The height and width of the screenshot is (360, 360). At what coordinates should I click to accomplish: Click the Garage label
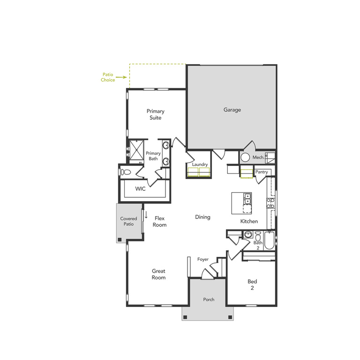click(232, 110)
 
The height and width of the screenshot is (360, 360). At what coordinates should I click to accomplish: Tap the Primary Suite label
click(155, 114)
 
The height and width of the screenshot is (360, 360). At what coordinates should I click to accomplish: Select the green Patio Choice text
click(108, 77)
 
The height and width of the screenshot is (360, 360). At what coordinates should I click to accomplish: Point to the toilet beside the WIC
click(125, 172)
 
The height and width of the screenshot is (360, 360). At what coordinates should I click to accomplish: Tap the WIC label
click(141, 189)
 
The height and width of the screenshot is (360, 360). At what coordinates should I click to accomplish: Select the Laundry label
click(200, 165)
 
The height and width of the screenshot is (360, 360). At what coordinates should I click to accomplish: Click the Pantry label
click(262, 172)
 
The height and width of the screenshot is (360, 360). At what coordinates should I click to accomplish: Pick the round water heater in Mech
click(246, 158)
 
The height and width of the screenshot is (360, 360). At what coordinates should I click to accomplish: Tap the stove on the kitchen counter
click(271, 202)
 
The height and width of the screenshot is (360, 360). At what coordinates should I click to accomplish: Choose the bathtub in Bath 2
click(269, 240)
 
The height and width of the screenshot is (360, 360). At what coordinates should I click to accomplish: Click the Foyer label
click(202, 259)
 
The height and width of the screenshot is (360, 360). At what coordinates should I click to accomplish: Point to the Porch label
click(209, 300)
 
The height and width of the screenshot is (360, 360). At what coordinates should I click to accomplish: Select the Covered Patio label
click(128, 221)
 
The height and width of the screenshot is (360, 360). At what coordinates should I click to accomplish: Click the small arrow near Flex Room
click(146, 216)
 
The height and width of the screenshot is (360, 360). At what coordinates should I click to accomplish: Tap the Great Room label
click(158, 274)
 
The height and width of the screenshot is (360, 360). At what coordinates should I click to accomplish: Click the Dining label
click(202, 217)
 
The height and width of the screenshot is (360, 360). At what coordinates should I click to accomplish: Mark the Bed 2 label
click(252, 285)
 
